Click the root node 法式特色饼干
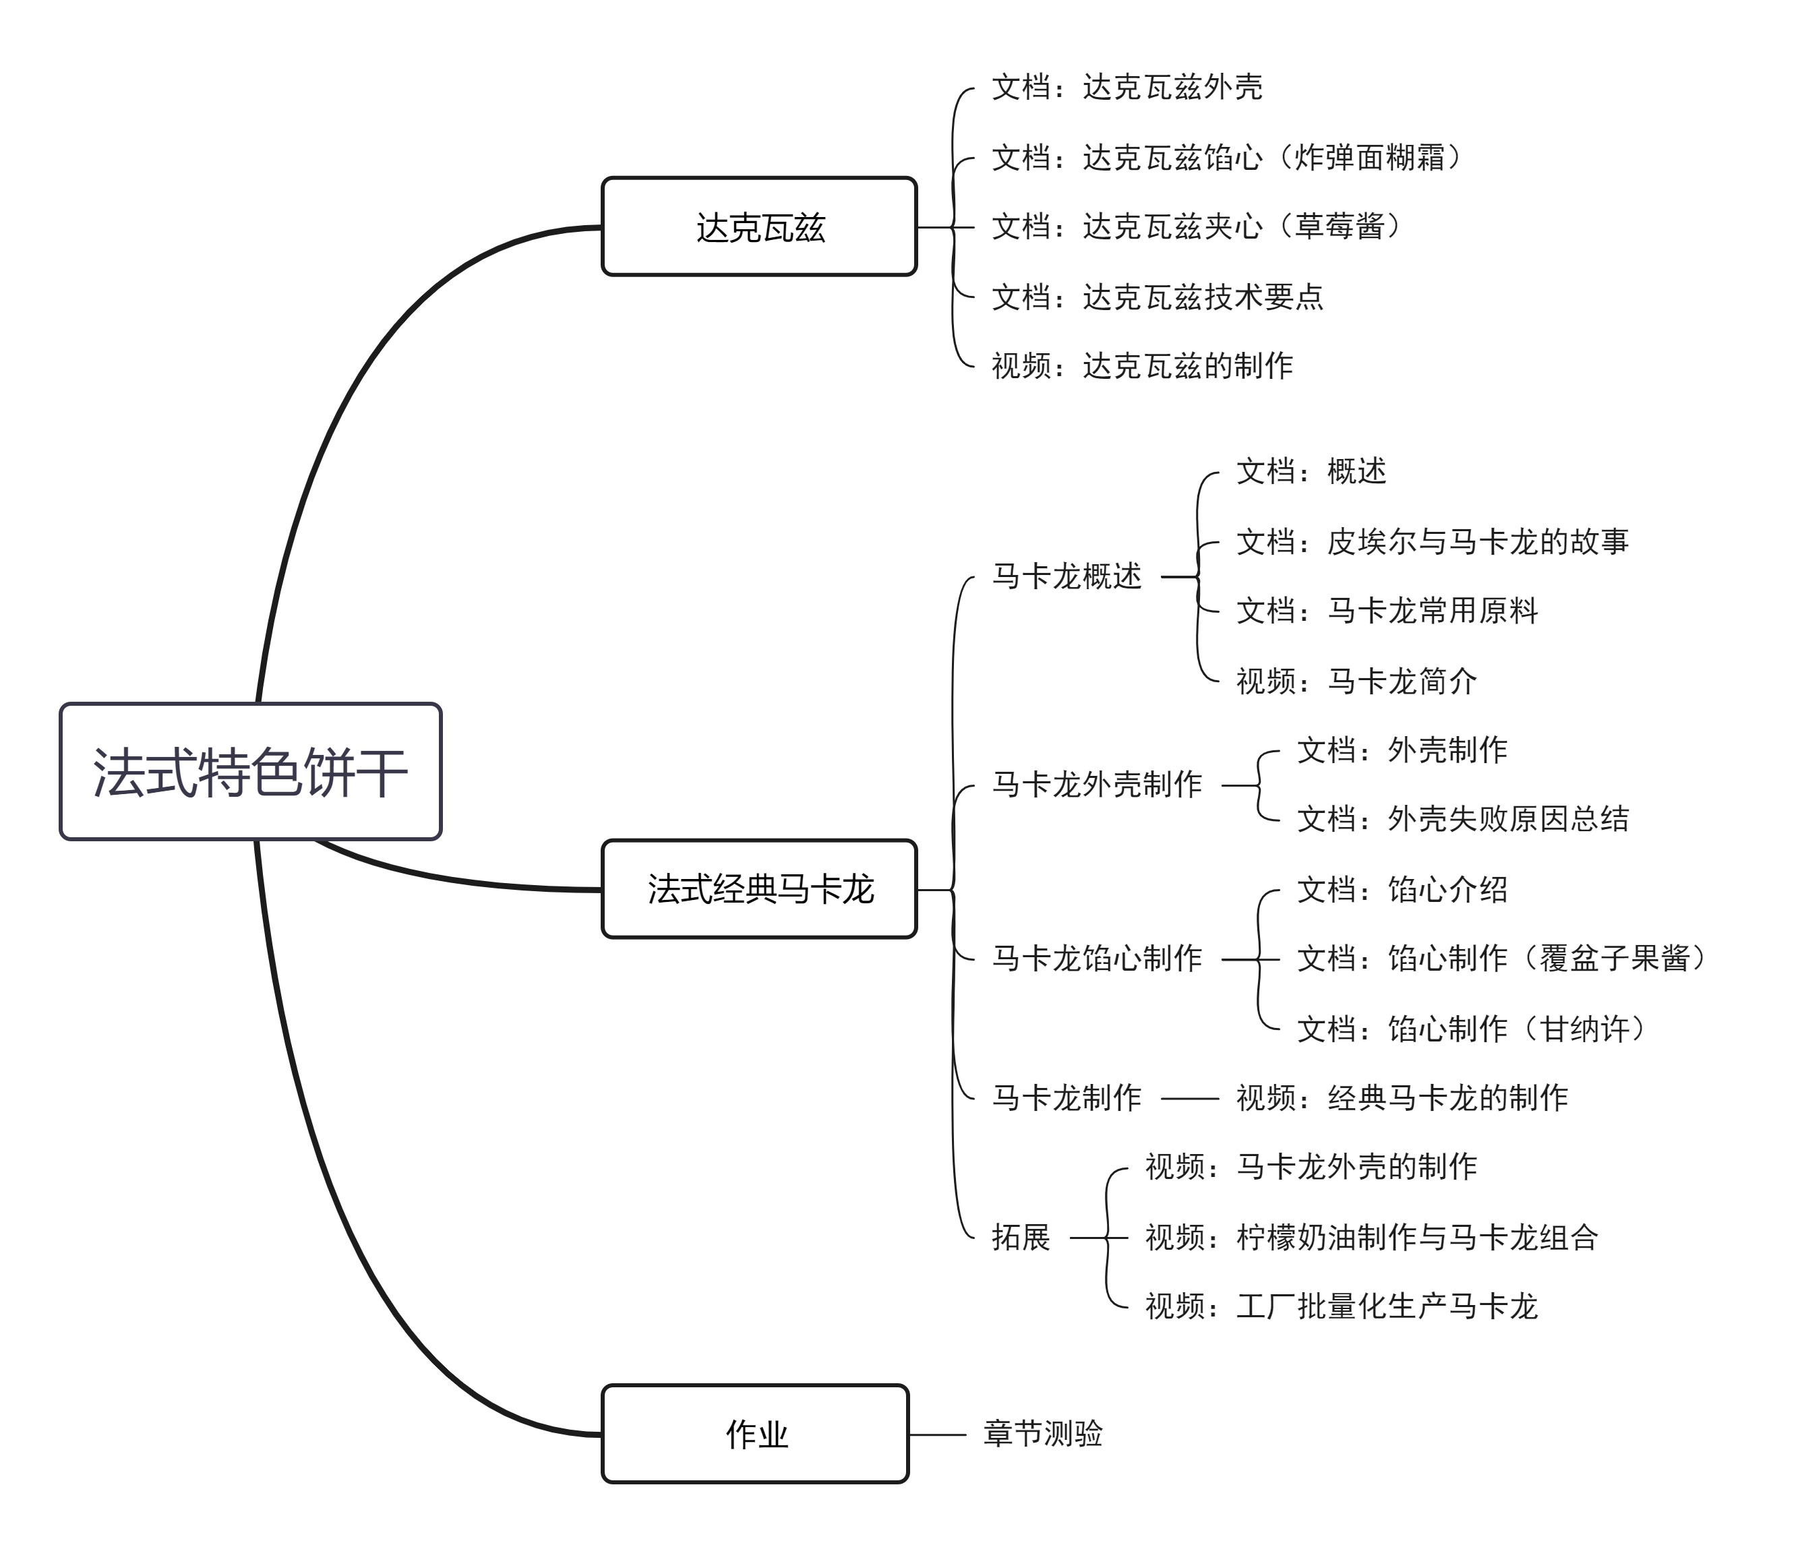(250, 771)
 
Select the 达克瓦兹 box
(759, 226)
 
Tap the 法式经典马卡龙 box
(759, 888)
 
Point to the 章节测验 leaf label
(1042, 1434)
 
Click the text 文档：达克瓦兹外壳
(1127, 87)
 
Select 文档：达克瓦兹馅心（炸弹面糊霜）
(1227, 157)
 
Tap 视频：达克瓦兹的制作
(1143, 366)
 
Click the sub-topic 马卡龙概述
(1067, 576)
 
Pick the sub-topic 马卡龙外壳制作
(1098, 785)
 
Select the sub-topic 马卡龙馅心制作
(1098, 959)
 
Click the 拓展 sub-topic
(1021, 1237)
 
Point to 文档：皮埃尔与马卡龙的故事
(1433, 541)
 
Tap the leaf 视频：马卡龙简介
(1356, 681)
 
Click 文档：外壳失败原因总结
(1463, 818)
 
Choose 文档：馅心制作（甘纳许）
(1471, 1029)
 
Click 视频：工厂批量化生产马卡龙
(1342, 1306)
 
